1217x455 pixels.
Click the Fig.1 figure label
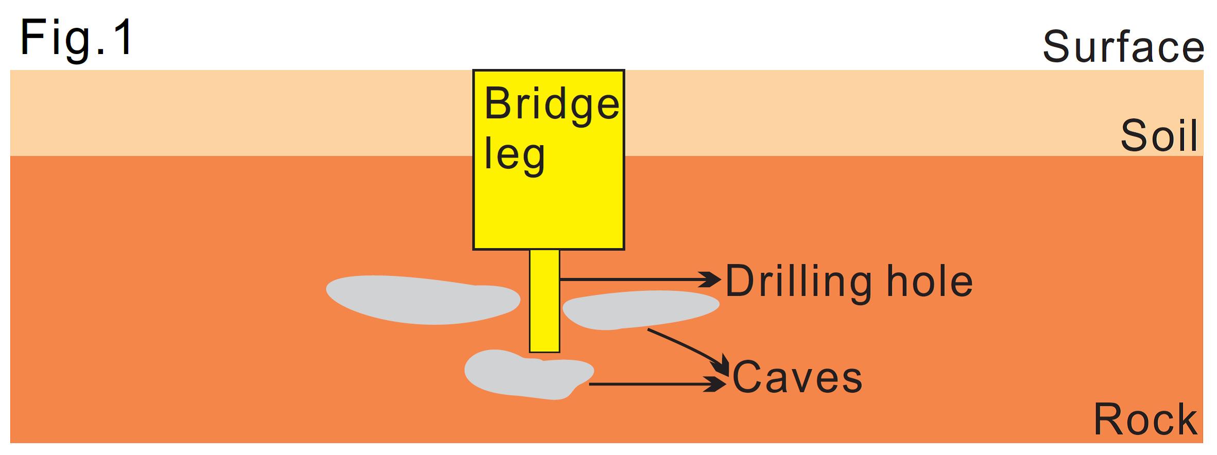pos(77,38)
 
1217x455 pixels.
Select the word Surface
pos(1123,47)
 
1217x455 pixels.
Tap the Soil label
pos(1159,136)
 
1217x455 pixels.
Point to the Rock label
pos(1145,419)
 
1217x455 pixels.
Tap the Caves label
pos(797,378)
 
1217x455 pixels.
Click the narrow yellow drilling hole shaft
pos(544,301)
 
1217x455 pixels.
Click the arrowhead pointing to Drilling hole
pos(714,279)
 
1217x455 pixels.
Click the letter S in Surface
pos(1057,47)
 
